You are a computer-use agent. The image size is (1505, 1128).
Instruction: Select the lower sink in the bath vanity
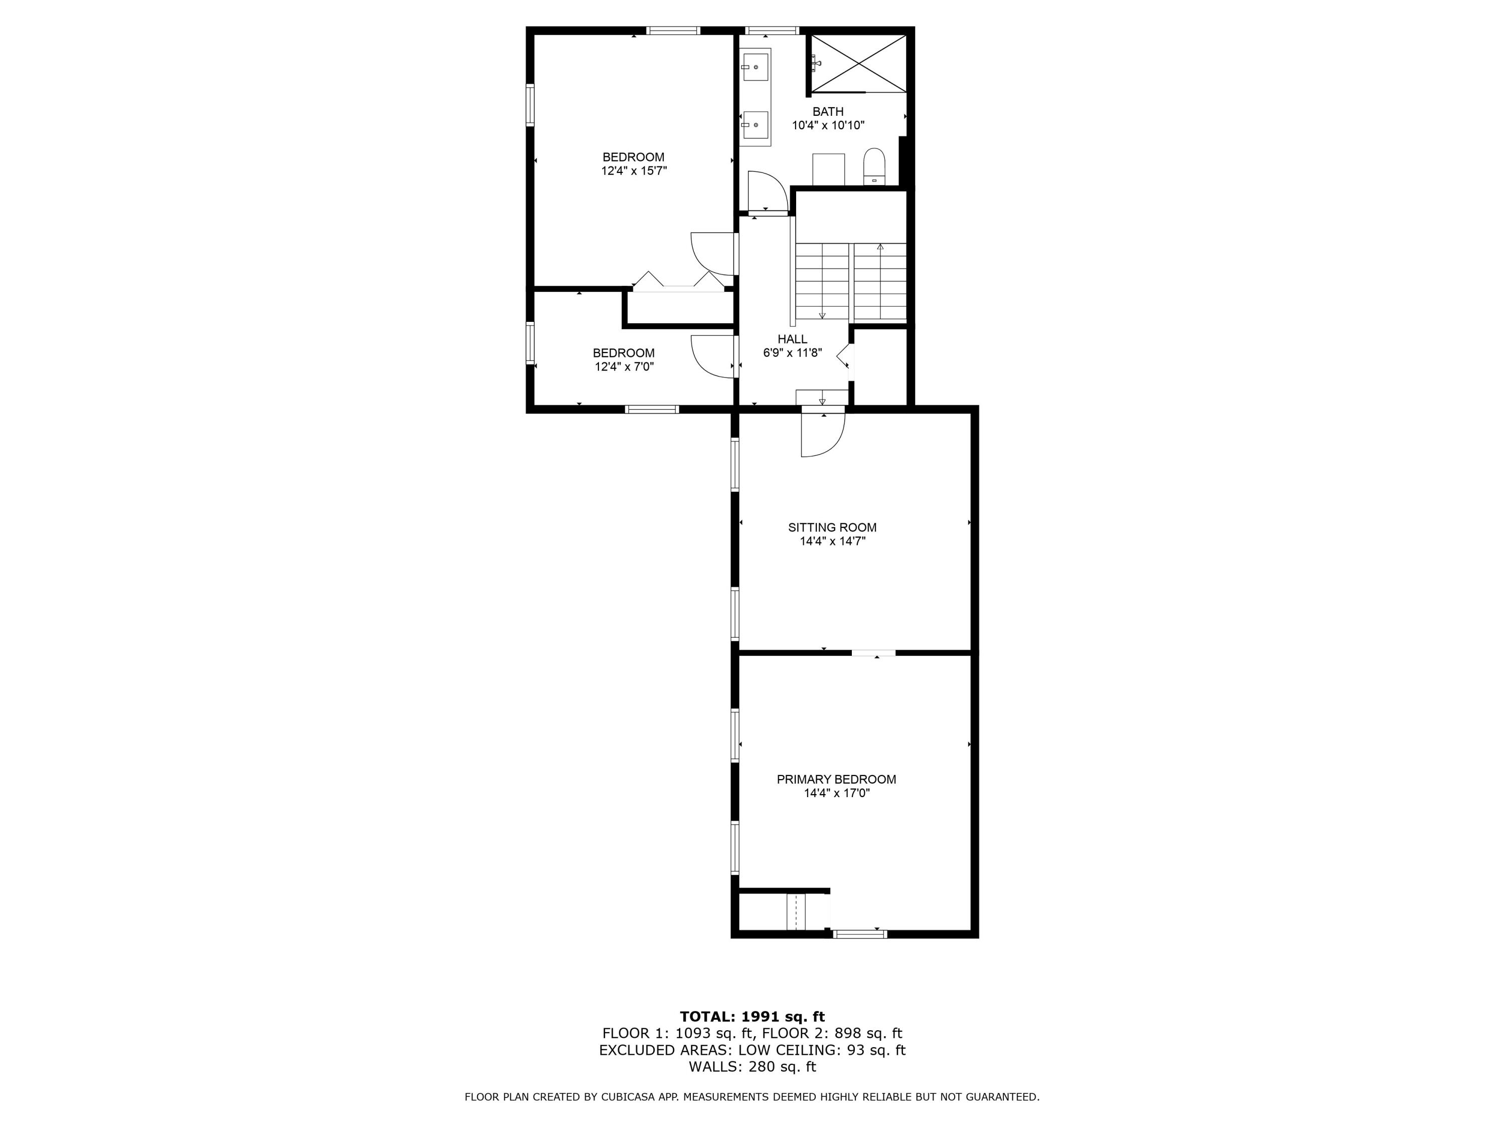point(755,124)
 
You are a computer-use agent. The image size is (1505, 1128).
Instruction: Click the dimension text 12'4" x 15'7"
point(634,170)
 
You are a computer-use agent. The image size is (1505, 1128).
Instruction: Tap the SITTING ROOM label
point(832,527)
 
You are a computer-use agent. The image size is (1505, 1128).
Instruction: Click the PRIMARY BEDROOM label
point(836,779)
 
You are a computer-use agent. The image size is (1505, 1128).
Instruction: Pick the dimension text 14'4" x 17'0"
point(836,793)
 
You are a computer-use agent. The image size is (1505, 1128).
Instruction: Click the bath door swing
point(767,193)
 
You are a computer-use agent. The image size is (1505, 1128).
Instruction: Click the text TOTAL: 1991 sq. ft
point(752,1017)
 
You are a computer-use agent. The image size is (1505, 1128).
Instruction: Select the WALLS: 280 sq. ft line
point(752,1066)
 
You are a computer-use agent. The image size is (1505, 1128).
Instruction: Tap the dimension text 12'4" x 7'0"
point(624,366)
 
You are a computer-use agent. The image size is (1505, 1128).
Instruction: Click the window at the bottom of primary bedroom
point(860,934)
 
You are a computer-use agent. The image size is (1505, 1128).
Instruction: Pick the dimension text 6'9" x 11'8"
point(792,353)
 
